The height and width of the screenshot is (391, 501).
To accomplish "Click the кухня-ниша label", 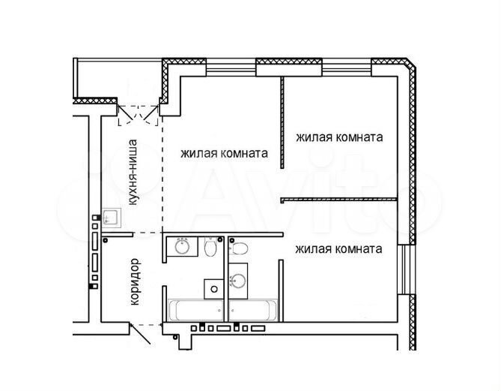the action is click(x=133, y=172).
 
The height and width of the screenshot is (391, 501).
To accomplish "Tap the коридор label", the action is click(x=135, y=281).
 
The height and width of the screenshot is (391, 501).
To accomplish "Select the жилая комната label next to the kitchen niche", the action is click(x=224, y=153).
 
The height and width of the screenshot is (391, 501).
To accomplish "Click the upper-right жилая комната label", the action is click(x=339, y=137).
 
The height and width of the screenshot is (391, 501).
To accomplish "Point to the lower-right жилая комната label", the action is click(x=338, y=249).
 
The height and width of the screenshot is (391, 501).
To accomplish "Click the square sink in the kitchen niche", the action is click(x=112, y=218).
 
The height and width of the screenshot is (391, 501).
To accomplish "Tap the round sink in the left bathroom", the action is click(x=183, y=247).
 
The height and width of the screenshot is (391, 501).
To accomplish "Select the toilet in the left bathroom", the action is click(x=210, y=247).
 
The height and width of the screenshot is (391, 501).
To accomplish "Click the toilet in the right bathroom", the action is click(x=238, y=248).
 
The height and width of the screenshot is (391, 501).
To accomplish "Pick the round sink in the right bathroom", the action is click(x=238, y=281).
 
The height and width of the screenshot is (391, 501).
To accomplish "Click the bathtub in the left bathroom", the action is click(x=196, y=310).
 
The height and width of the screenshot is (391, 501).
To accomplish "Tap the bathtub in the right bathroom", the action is click(x=253, y=310).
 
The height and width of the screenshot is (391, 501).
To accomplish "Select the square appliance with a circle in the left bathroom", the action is click(x=214, y=289).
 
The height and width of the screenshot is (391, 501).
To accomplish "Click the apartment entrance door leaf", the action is click(x=140, y=334).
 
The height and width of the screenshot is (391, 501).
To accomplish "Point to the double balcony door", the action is click(x=139, y=115).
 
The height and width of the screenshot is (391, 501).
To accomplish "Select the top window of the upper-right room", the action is click(x=347, y=68).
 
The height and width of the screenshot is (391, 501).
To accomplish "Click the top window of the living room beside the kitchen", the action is click(x=231, y=68).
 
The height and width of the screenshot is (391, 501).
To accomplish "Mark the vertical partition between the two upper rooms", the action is click(x=282, y=122).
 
